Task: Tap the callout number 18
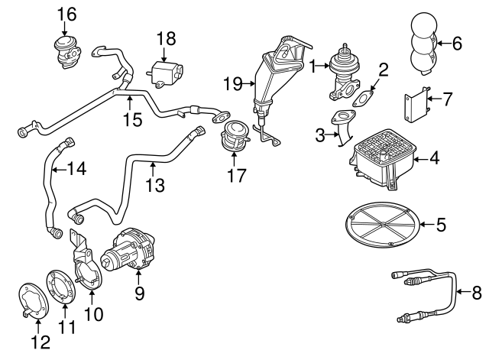167,38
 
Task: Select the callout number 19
232,82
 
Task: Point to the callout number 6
458,43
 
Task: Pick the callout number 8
477,291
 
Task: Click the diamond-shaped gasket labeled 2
361,98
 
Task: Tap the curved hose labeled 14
50,183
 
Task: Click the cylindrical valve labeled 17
233,138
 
